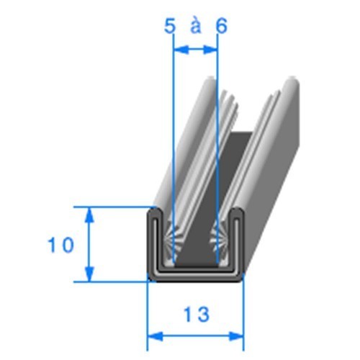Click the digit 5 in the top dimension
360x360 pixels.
pyautogui.click(x=170, y=27)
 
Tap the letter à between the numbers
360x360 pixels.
pyautogui.click(x=195, y=27)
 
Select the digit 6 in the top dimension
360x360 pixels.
pyautogui.click(x=220, y=27)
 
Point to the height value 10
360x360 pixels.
pyautogui.click(x=62, y=246)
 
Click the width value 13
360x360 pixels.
pyautogui.click(x=195, y=315)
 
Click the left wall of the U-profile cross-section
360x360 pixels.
pyautogui.click(x=153, y=241)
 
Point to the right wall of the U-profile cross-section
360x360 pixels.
pyautogui.click(x=237, y=241)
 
